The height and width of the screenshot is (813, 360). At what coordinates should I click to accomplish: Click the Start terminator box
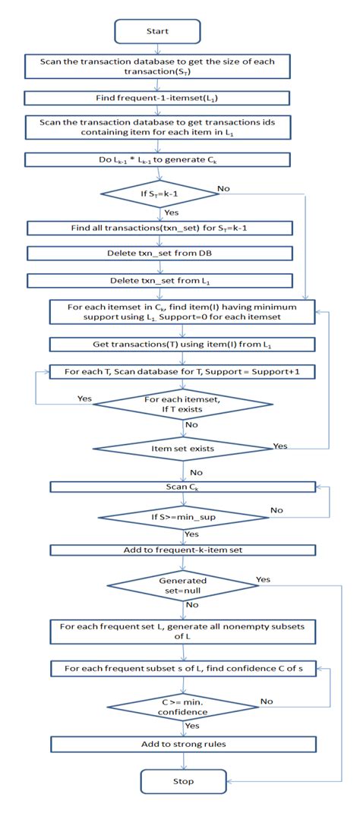(157, 31)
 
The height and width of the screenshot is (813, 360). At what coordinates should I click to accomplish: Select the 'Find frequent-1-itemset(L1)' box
(157, 98)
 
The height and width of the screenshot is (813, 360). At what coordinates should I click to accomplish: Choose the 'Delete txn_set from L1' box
(157, 281)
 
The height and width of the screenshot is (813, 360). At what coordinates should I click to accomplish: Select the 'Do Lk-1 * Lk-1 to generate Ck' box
(157, 160)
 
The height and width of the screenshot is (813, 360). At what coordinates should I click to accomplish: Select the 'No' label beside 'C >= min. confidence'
(266, 702)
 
